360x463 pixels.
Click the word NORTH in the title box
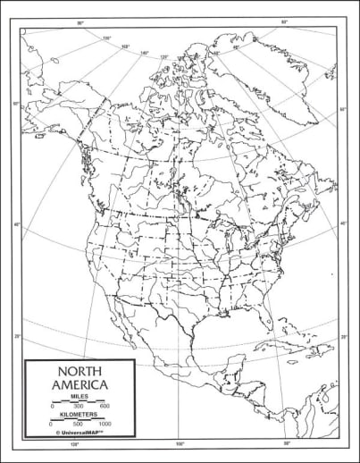click(x=79, y=371)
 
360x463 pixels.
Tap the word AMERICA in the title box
click(x=79, y=385)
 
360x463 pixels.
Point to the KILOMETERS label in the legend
click(x=79, y=416)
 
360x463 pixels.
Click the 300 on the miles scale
click(x=79, y=408)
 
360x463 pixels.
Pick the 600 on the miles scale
click(x=105, y=408)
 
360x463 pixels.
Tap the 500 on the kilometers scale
click(x=79, y=424)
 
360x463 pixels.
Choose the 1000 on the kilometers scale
click(x=105, y=424)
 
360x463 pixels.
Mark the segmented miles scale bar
click(x=79, y=402)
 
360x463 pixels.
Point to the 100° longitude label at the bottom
click(x=180, y=444)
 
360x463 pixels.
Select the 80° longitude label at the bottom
click(x=287, y=444)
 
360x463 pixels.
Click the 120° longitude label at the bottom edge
click(x=75, y=444)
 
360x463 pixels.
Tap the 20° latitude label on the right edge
click(x=343, y=337)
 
